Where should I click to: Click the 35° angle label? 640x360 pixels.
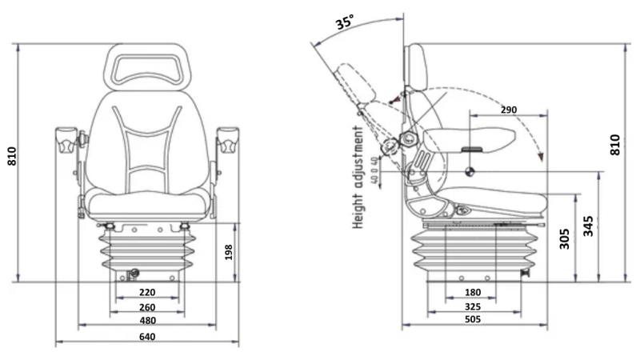pyautogui.click(x=345, y=22)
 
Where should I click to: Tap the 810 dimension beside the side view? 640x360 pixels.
pyautogui.click(x=615, y=145)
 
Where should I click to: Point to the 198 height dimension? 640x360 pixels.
pyautogui.click(x=228, y=253)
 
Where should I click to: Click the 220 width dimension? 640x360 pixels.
pyautogui.click(x=147, y=293)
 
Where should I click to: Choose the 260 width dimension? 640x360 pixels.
pyautogui.click(x=147, y=307)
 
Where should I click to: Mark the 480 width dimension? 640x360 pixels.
pyautogui.click(x=147, y=321)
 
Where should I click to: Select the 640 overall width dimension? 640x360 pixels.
pyautogui.click(x=147, y=337)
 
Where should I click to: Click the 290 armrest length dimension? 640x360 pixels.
pyautogui.click(x=509, y=109)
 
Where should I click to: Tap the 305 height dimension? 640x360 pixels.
pyautogui.click(x=565, y=238)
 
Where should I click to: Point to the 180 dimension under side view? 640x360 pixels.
pyautogui.click(x=474, y=293)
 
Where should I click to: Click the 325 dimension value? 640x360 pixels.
pyautogui.click(x=474, y=307)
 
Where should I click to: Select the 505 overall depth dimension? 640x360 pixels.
pyautogui.click(x=474, y=321)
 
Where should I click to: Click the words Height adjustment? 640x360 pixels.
pyautogui.click(x=360, y=176)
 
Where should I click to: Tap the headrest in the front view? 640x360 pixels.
pyautogui.click(x=146, y=66)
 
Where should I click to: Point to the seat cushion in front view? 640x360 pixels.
pyautogui.click(x=147, y=204)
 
